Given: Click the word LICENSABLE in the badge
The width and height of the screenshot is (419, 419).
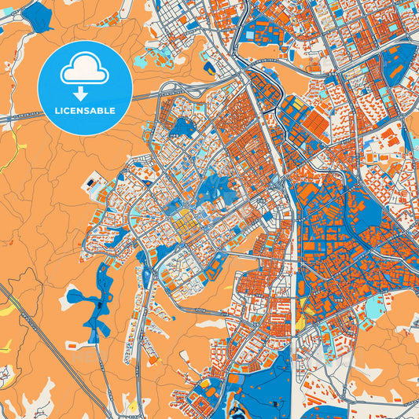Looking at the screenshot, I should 85,111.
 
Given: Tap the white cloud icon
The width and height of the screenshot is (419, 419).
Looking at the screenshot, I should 85,72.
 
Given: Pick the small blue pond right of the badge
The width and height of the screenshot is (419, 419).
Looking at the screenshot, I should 182,126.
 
